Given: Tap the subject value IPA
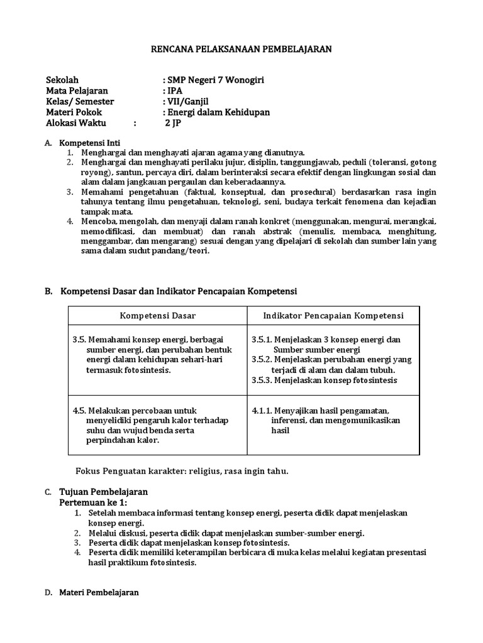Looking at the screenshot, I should (173, 91).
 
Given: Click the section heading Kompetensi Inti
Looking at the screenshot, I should (89, 143).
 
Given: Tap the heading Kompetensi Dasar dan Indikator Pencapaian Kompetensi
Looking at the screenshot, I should (178, 291).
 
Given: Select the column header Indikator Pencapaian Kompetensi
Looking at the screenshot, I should (333, 315).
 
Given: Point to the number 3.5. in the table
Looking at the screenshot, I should (79, 340).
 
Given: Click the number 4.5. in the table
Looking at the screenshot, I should (79, 411).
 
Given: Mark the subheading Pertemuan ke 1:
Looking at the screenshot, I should (93, 502).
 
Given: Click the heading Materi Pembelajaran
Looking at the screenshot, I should (99, 592).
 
